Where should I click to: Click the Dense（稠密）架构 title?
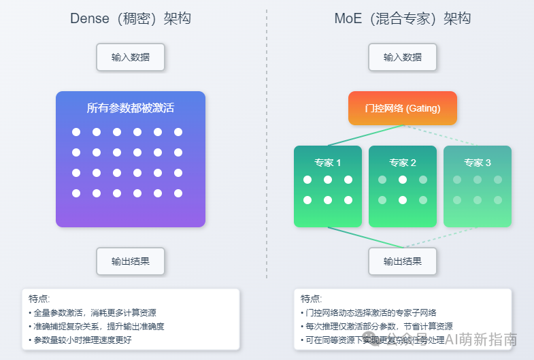tap(131, 18)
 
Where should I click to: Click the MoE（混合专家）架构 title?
tap(403, 18)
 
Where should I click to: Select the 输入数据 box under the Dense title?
tap(131, 57)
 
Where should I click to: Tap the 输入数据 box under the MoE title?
tap(403, 57)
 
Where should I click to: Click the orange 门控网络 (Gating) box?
tap(403, 108)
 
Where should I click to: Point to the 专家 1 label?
tap(328, 163)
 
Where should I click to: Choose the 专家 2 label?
tap(403, 163)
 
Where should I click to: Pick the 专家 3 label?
tap(478, 163)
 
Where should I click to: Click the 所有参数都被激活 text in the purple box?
tap(131, 108)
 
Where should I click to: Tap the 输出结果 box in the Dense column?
tap(131, 261)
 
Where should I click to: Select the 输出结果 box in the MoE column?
tap(403, 261)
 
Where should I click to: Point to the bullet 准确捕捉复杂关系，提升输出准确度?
tap(98, 326)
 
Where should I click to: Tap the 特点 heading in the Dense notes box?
tap(39, 299)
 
